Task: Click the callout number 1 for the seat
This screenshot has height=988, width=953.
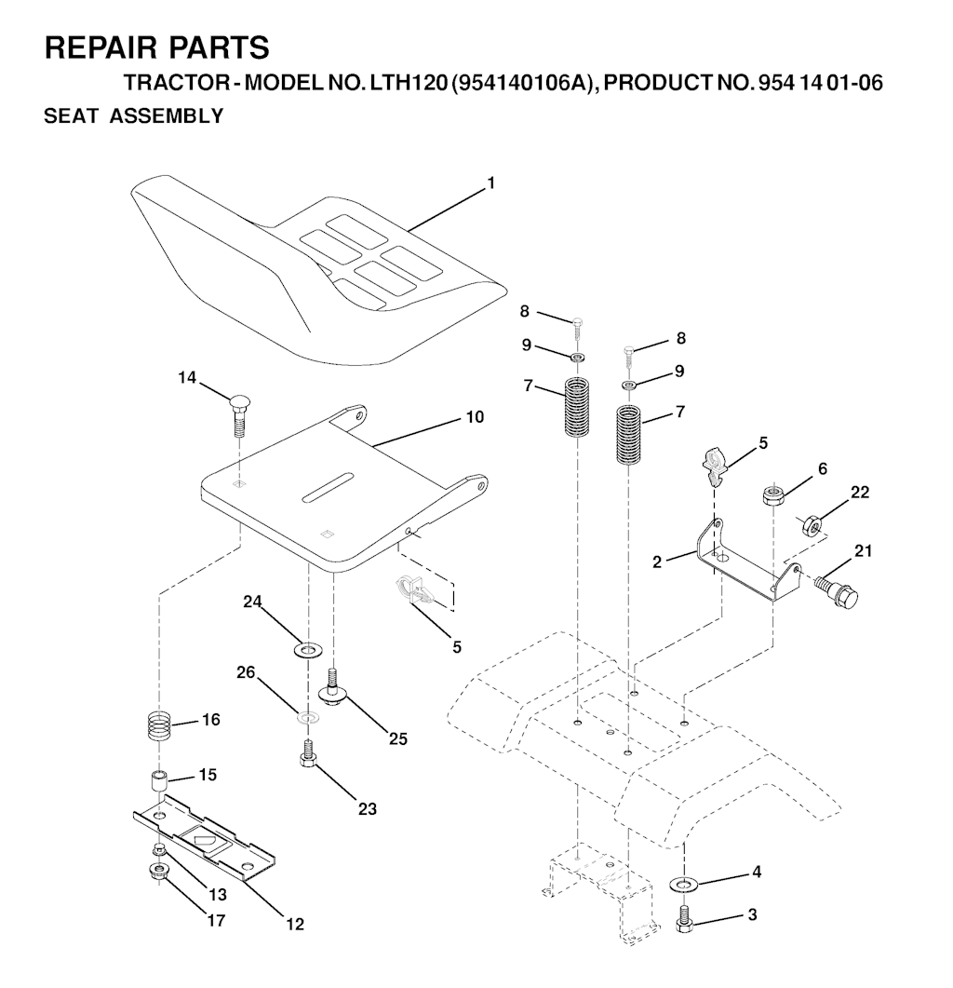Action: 490,183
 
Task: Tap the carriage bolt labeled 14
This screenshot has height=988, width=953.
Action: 239,416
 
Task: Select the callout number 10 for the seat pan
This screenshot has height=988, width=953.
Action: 475,417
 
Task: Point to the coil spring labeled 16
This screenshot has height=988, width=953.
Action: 162,725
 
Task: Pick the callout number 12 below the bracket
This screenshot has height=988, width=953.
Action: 294,925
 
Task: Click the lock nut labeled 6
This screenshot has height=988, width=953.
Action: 772,494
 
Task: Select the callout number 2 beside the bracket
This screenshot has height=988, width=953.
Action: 657,562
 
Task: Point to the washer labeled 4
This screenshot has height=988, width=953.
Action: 686,883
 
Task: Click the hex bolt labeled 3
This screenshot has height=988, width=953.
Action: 684,920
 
